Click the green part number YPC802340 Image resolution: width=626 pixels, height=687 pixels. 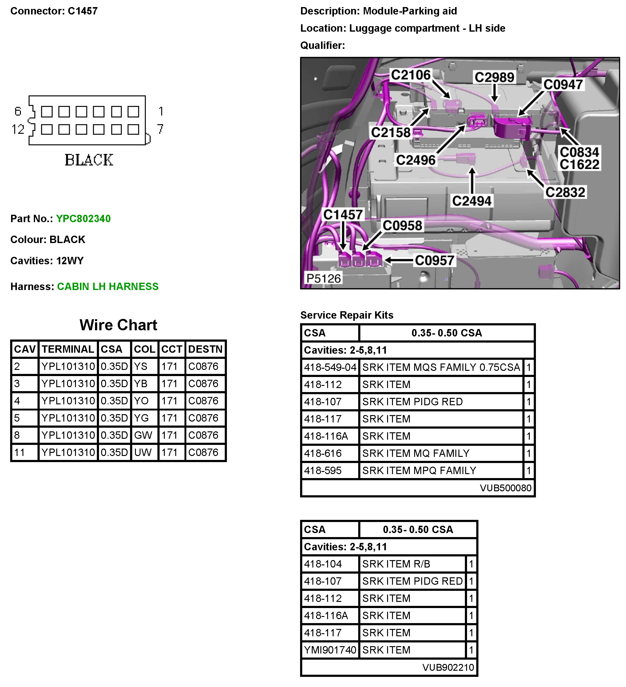click(83, 218)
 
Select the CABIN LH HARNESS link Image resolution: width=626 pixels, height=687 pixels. click(108, 286)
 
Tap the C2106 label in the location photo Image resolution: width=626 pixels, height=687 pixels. click(410, 75)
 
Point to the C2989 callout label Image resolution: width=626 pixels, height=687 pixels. click(494, 77)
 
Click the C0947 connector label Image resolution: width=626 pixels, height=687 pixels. click(563, 84)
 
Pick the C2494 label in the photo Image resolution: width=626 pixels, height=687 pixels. click(472, 201)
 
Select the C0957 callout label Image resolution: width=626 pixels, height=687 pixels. click(434, 261)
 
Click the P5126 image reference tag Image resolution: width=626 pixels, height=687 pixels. click(323, 278)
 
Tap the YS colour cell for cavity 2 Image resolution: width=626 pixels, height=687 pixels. click(141, 366)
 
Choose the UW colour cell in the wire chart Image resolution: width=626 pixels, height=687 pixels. click(143, 452)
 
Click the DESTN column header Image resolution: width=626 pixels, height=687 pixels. click(205, 349)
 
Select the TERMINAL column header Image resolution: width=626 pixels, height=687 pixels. click(68, 349)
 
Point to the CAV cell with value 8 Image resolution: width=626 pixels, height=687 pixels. click(17, 435)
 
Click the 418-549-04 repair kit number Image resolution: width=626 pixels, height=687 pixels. click(330, 367)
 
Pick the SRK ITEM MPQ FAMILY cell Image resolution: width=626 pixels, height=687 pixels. click(419, 470)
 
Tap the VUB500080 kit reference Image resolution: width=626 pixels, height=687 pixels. click(505, 488)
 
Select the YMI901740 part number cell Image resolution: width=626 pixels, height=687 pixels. click(330, 650)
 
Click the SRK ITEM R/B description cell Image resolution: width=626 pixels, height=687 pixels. click(396, 564)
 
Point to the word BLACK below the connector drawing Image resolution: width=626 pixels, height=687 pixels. click(89, 160)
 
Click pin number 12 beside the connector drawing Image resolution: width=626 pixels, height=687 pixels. click(18, 129)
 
